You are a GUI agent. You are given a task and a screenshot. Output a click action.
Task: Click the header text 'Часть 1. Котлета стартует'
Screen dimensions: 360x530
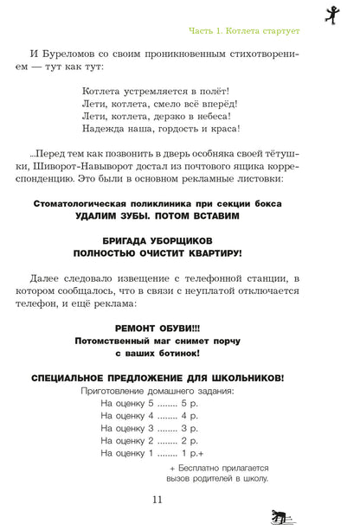click(x=244, y=31)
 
